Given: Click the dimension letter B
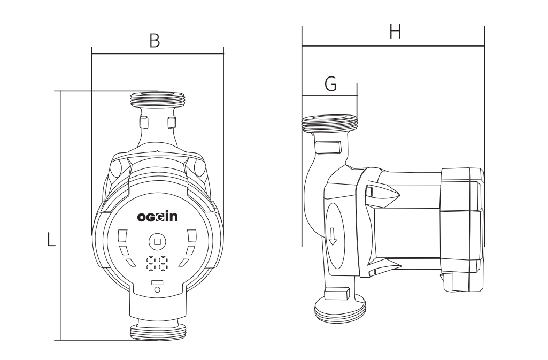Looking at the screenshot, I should (x=155, y=41).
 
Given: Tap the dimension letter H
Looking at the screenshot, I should (x=395, y=33).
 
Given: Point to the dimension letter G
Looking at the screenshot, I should (x=330, y=85).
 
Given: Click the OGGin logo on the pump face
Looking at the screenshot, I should (x=157, y=218).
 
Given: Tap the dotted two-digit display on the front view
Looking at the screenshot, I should (x=157, y=264).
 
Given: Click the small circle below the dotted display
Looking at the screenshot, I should (x=157, y=289).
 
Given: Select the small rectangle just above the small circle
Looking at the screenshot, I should (x=157, y=282).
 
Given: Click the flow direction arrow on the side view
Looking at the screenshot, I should (x=333, y=235).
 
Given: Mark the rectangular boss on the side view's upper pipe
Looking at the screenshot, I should (x=328, y=146).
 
